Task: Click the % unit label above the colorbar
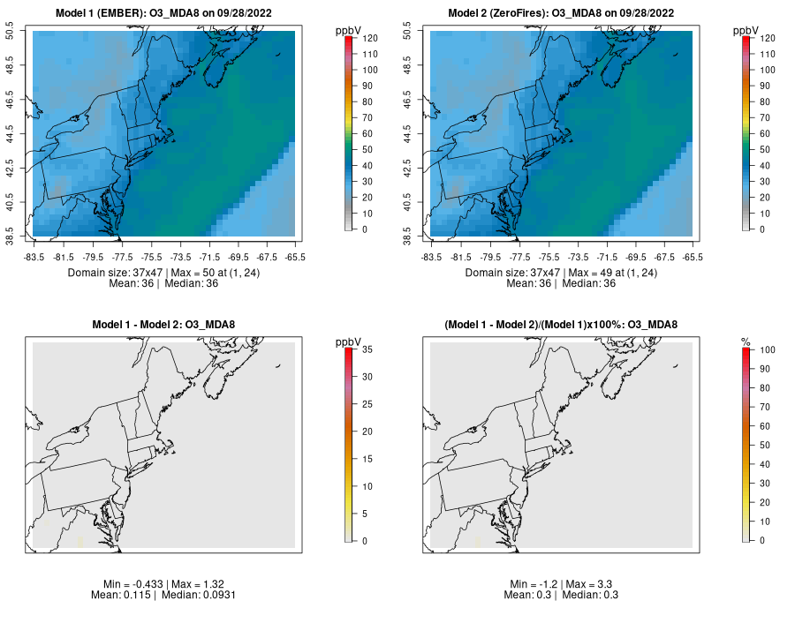(746, 342)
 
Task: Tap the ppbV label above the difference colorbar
(347, 342)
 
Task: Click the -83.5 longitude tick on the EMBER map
(34, 257)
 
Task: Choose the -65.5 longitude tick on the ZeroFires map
(693, 257)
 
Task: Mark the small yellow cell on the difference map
(80, 541)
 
